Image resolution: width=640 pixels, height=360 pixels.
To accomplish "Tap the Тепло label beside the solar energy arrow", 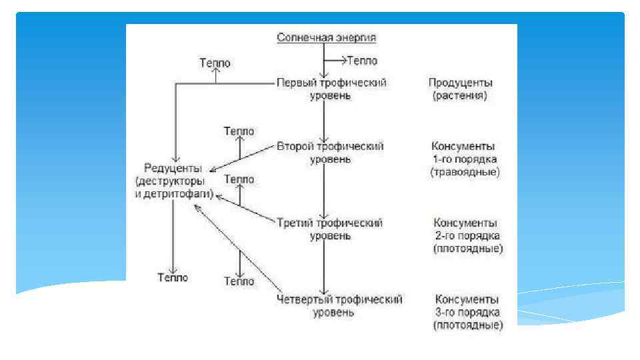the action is pyautogui.click(x=362, y=61).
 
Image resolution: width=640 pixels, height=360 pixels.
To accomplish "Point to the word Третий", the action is pyautogui.click(x=294, y=223).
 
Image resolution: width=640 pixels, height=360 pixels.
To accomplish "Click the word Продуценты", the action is pyautogui.click(x=460, y=83).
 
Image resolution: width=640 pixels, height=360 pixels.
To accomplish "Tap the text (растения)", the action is pyautogui.click(x=460, y=96).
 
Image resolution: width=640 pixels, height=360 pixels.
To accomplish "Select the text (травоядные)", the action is pyautogui.click(x=465, y=172).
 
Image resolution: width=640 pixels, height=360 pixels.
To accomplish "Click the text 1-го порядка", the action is pyautogui.click(x=465, y=159).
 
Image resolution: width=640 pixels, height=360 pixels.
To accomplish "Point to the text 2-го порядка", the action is pyautogui.click(x=467, y=235).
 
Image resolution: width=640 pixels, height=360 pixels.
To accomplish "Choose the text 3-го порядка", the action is pyautogui.click(x=467, y=312).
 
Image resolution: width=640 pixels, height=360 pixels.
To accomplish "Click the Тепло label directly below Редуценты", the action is pyautogui.click(x=173, y=277).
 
